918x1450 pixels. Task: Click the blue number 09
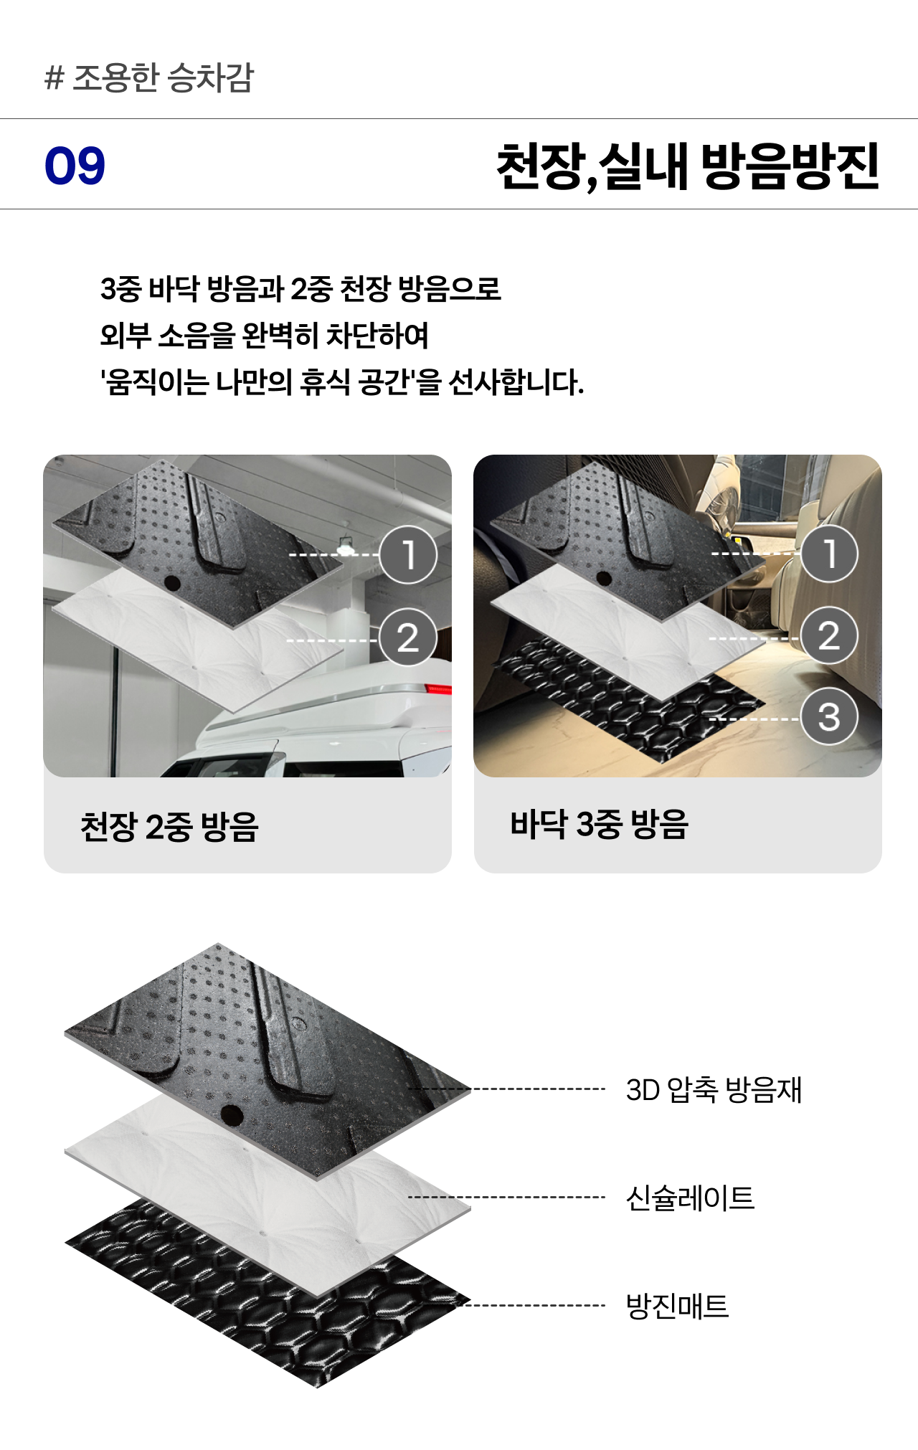pos(75,166)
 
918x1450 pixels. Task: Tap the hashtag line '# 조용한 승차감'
pos(149,77)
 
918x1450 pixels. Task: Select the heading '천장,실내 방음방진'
pos(688,166)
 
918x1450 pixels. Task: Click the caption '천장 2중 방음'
pos(169,826)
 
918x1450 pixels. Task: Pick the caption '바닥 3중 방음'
pos(600,824)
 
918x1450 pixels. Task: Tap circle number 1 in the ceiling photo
pos(408,554)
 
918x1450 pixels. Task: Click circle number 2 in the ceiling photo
pos(408,638)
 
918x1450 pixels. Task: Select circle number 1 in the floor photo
pos(830,554)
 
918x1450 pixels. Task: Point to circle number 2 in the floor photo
pos(830,635)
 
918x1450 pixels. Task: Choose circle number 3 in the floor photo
pos(830,716)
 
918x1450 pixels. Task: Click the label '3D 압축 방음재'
pos(714,1089)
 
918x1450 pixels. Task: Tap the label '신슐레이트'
pos(690,1198)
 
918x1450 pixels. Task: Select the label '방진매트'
pos(677,1306)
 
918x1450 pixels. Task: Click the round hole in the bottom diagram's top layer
pos(232,1115)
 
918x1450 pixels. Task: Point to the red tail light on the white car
pos(438,689)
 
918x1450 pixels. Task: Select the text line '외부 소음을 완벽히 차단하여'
pos(265,335)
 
